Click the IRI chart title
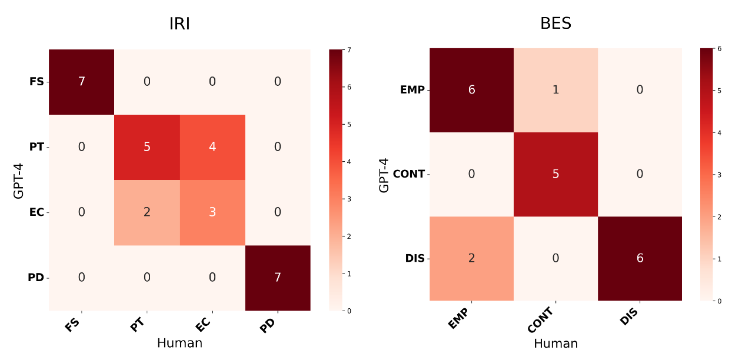pyautogui.click(x=179, y=24)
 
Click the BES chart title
pyautogui.click(x=555, y=24)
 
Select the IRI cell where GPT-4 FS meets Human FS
pyautogui.click(x=81, y=82)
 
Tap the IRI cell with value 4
pyautogui.click(x=212, y=147)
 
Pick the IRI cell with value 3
pyautogui.click(x=212, y=212)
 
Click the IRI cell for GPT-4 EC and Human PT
pyautogui.click(x=147, y=212)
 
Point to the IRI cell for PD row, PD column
pyautogui.click(x=278, y=278)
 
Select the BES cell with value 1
pyautogui.click(x=555, y=90)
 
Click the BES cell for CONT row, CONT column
pyautogui.click(x=555, y=174)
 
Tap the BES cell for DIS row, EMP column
pyautogui.click(x=471, y=258)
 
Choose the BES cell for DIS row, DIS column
pyautogui.click(x=640, y=258)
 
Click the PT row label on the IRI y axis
pyautogui.click(x=36, y=147)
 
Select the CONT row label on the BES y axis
pyautogui.click(x=409, y=174)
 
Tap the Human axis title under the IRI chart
pyautogui.click(x=179, y=344)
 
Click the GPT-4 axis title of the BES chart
pyautogui.click(x=384, y=174)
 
